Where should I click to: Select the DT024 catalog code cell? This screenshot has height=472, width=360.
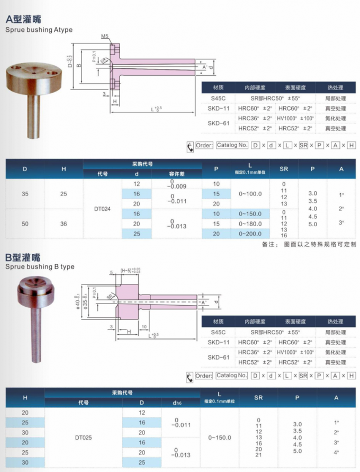pyautogui.click(x=102, y=209)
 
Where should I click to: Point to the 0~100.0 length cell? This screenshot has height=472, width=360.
pyautogui.click(x=249, y=194)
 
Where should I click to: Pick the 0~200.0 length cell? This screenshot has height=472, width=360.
pyautogui.click(x=249, y=233)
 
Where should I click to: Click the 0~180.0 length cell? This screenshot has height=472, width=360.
pyautogui.click(x=249, y=224)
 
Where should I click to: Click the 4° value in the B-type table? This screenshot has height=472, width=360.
pyautogui.click(x=336, y=452)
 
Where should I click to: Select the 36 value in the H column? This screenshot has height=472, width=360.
pyautogui.click(x=64, y=224)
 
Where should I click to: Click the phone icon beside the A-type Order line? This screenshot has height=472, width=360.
pyautogui.click(x=190, y=147)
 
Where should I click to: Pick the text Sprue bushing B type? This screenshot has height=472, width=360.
pyautogui.click(x=40, y=267)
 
